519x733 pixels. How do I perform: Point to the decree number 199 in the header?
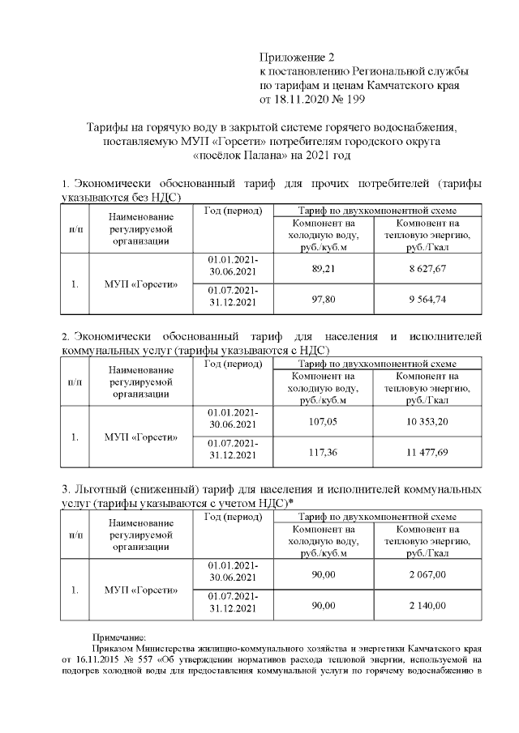click(x=355, y=100)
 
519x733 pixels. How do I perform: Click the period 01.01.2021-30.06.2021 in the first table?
click(x=233, y=268)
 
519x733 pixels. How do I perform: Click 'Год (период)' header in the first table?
click(x=234, y=211)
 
